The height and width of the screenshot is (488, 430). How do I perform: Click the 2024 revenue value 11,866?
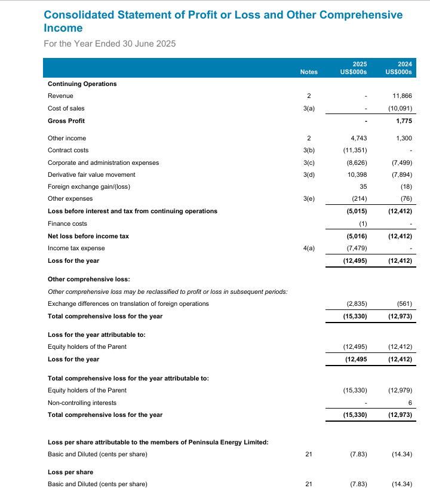402,96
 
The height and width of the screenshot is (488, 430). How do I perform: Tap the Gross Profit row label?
66,121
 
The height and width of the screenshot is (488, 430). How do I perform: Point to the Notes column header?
309,72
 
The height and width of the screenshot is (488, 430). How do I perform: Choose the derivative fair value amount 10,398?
356,174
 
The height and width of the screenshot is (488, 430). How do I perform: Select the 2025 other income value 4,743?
358,138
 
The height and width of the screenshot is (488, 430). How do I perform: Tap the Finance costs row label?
67,223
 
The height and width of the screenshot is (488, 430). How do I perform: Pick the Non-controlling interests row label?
82,403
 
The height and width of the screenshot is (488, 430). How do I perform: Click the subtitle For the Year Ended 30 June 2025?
110,44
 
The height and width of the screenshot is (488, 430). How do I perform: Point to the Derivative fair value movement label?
91,174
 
